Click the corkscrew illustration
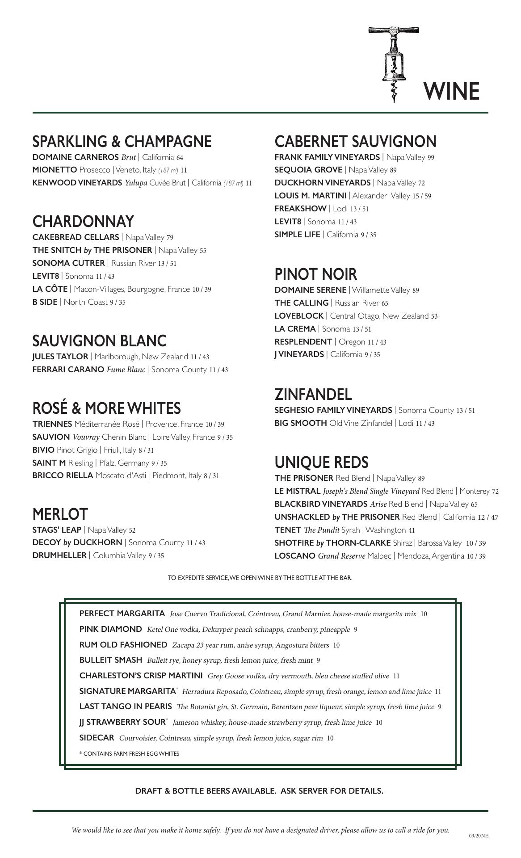pos(394,63)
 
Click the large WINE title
pos(451,91)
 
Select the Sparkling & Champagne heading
pos(122,142)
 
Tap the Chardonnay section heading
pos(83,222)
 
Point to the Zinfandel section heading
pos(313,395)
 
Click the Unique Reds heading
pos(321,463)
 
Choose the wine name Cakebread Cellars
pos(76,237)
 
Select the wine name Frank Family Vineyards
pos(327,157)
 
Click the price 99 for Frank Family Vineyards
pos(431,158)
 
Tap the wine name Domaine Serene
pos(310,290)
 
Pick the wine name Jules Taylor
pos(60,357)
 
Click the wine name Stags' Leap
pos(57,530)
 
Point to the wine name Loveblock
pos(299,316)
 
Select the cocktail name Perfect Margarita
pos(122,614)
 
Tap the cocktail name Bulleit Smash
pos(110,660)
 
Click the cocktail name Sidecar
pos(97,738)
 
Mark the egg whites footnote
pos(129,754)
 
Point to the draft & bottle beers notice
pos(259,791)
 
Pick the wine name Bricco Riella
pos(63,475)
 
